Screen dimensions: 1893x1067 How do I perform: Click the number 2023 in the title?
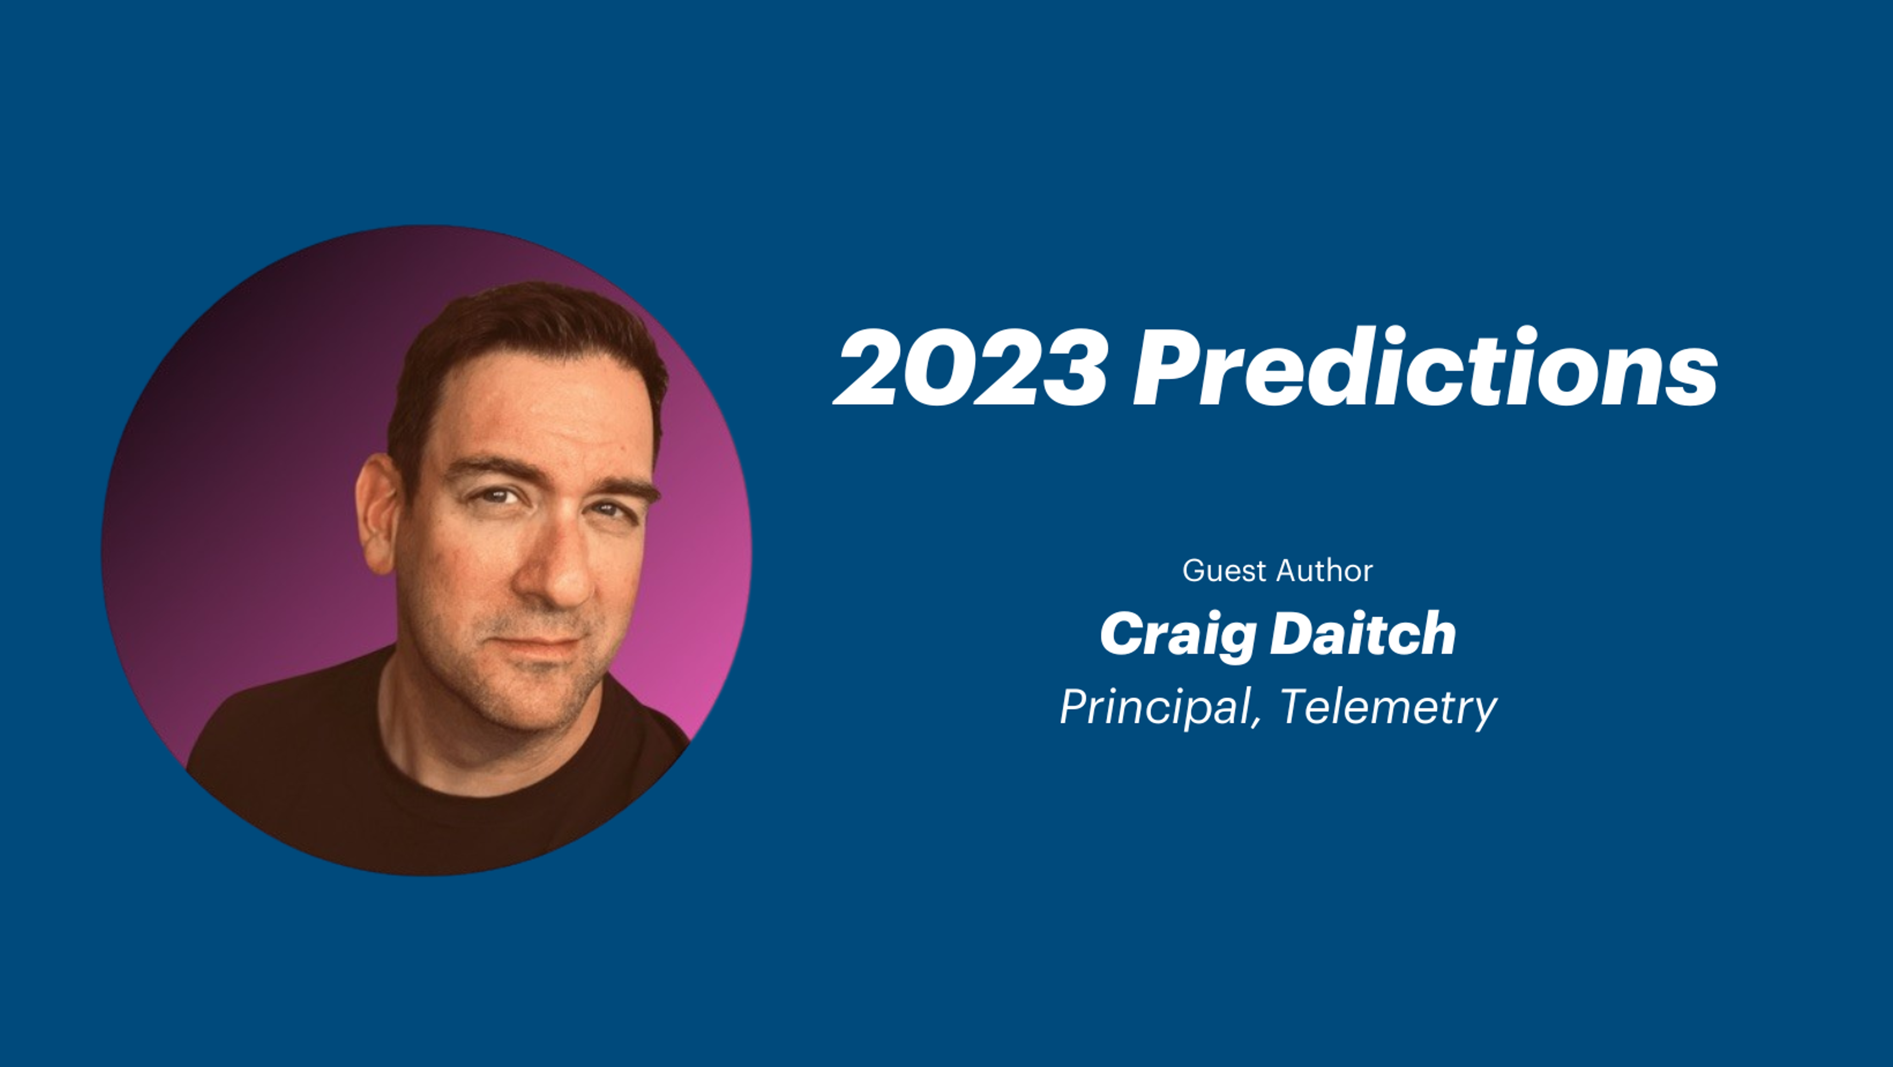970,367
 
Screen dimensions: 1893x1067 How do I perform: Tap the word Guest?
1225,571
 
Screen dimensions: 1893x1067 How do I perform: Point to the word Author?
1325,571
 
